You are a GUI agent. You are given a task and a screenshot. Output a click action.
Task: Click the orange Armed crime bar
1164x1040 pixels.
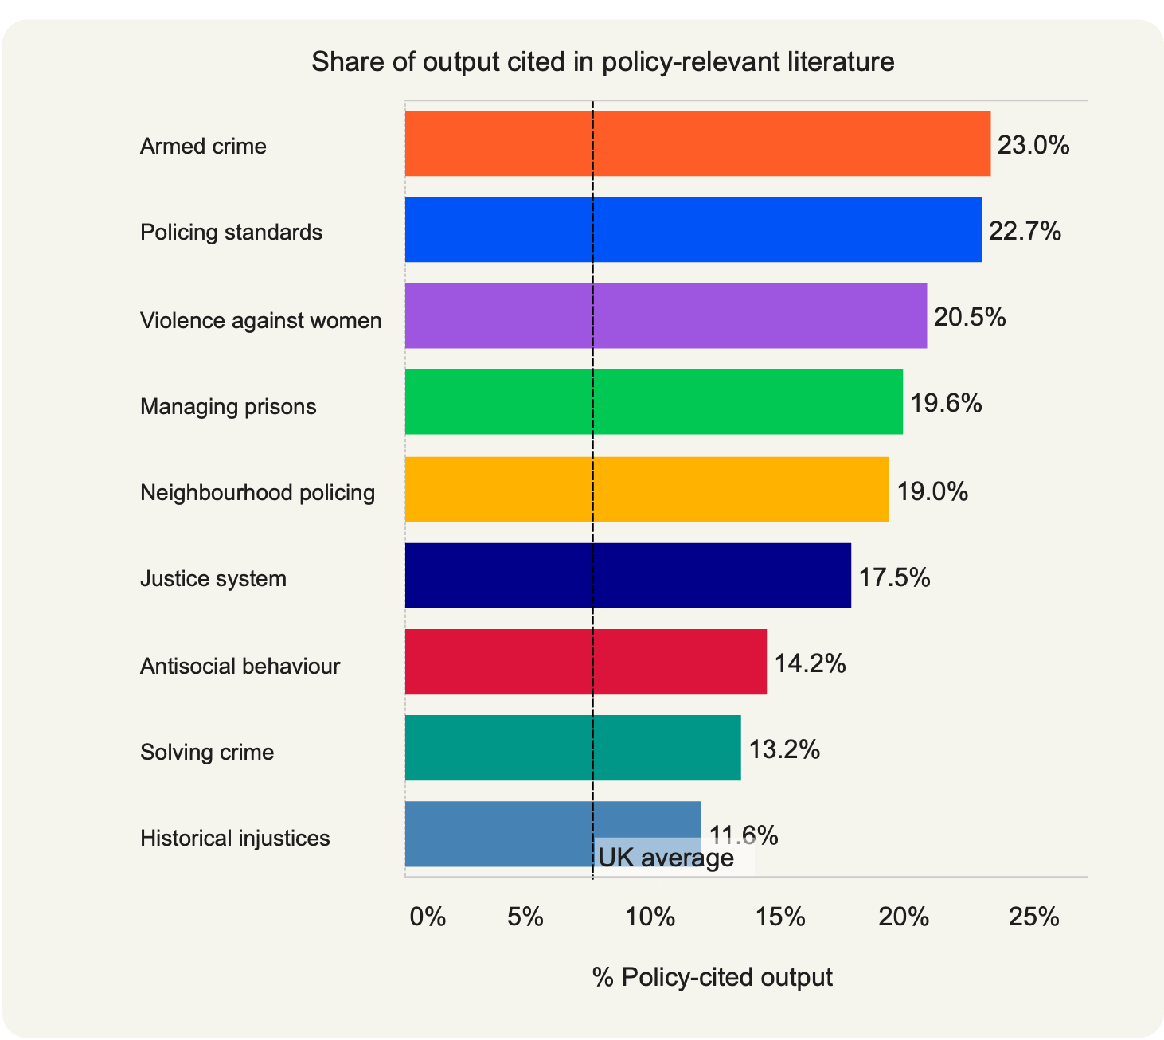coord(697,143)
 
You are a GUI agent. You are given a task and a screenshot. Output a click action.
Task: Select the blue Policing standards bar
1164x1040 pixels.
coord(693,229)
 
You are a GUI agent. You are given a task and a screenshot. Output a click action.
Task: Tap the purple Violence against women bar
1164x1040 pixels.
coord(666,315)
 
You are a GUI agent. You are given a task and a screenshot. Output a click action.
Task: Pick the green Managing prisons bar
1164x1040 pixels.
coord(654,401)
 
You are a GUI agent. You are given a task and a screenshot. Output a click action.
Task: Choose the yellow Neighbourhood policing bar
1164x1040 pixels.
coord(646,489)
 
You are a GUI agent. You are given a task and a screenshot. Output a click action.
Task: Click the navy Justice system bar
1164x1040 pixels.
coord(627,575)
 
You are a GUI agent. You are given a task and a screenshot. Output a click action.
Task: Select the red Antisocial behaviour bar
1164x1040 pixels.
coord(585,661)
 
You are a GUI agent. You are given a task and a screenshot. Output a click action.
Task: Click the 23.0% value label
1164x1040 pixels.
coord(1033,145)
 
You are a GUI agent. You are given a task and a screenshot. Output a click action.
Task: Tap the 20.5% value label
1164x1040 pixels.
coord(970,318)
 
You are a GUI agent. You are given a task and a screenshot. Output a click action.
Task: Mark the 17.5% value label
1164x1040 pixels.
coord(894,577)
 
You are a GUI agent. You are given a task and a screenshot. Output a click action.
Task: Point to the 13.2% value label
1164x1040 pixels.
coord(784,749)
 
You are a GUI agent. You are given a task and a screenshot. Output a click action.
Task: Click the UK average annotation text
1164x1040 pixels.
coord(666,858)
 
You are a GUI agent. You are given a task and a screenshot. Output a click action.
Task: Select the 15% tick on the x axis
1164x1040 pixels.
coord(780,917)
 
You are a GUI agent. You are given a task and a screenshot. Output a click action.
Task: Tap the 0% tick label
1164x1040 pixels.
coord(428,917)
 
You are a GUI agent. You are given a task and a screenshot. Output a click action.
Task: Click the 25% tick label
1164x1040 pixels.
coord(1033,917)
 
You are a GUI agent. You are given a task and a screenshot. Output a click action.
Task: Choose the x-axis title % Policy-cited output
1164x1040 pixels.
coord(712,977)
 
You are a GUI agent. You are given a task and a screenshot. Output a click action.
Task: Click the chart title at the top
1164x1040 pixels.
coord(603,62)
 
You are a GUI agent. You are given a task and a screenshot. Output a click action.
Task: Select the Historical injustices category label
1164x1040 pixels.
coord(235,838)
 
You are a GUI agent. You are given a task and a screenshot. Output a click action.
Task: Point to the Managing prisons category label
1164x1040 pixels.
coord(229,407)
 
